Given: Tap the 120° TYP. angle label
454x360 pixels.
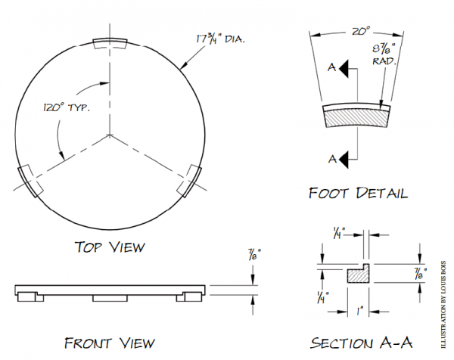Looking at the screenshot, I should (66, 107).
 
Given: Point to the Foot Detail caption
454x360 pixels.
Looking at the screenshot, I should (358, 193).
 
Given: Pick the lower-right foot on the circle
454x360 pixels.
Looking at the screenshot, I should (191, 182).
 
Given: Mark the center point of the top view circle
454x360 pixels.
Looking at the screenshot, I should (111, 135).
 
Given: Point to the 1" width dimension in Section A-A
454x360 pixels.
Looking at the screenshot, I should (362, 309).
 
